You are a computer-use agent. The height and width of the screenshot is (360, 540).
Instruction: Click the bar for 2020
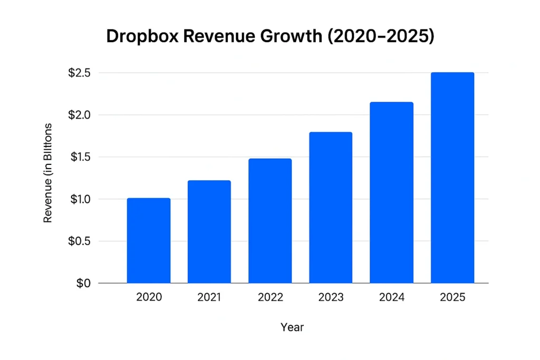pyautogui.click(x=149, y=241)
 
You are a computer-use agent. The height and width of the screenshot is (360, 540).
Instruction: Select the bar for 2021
pyautogui.click(x=209, y=232)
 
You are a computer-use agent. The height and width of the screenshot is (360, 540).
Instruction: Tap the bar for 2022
pyautogui.click(x=270, y=221)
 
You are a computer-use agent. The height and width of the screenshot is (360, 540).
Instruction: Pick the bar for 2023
pyautogui.click(x=331, y=208)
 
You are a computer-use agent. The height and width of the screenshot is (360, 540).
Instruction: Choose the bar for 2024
pyautogui.click(x=391, y=193)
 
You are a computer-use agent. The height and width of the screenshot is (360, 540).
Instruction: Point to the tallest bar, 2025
pyautogui.click(x=452, y=178)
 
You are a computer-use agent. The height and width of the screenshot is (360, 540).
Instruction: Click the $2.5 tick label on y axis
pyautogui.click(x=79, y=73)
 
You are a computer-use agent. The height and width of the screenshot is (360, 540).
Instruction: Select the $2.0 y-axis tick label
pyautogui.click(x=79, y=115)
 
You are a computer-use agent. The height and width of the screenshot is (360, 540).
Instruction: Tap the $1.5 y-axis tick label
pyautogui.click(x=79, y=157)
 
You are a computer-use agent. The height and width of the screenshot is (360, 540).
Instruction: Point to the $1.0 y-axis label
pyautogui.click(x=79, y=199)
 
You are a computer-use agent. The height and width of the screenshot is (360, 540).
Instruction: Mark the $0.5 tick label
pyautogui.click(x=79, y=241)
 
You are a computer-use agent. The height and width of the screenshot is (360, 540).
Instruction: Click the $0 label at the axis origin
pyautogui.click(x=83, y=284)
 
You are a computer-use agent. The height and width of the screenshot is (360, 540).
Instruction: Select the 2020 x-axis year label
pyautogui.click(x=149, y=297)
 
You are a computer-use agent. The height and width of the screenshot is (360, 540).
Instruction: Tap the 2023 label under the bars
pyautogui.click(x=331, y=297)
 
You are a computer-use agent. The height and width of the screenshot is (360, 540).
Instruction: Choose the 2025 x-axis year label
pyautogui.click(x=452, y=297)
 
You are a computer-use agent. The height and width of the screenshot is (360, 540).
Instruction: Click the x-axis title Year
pyautogui.click(x=292, y=327)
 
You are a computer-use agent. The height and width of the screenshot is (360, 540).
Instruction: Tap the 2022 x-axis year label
pyautogui.click(x=270, y=297)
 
